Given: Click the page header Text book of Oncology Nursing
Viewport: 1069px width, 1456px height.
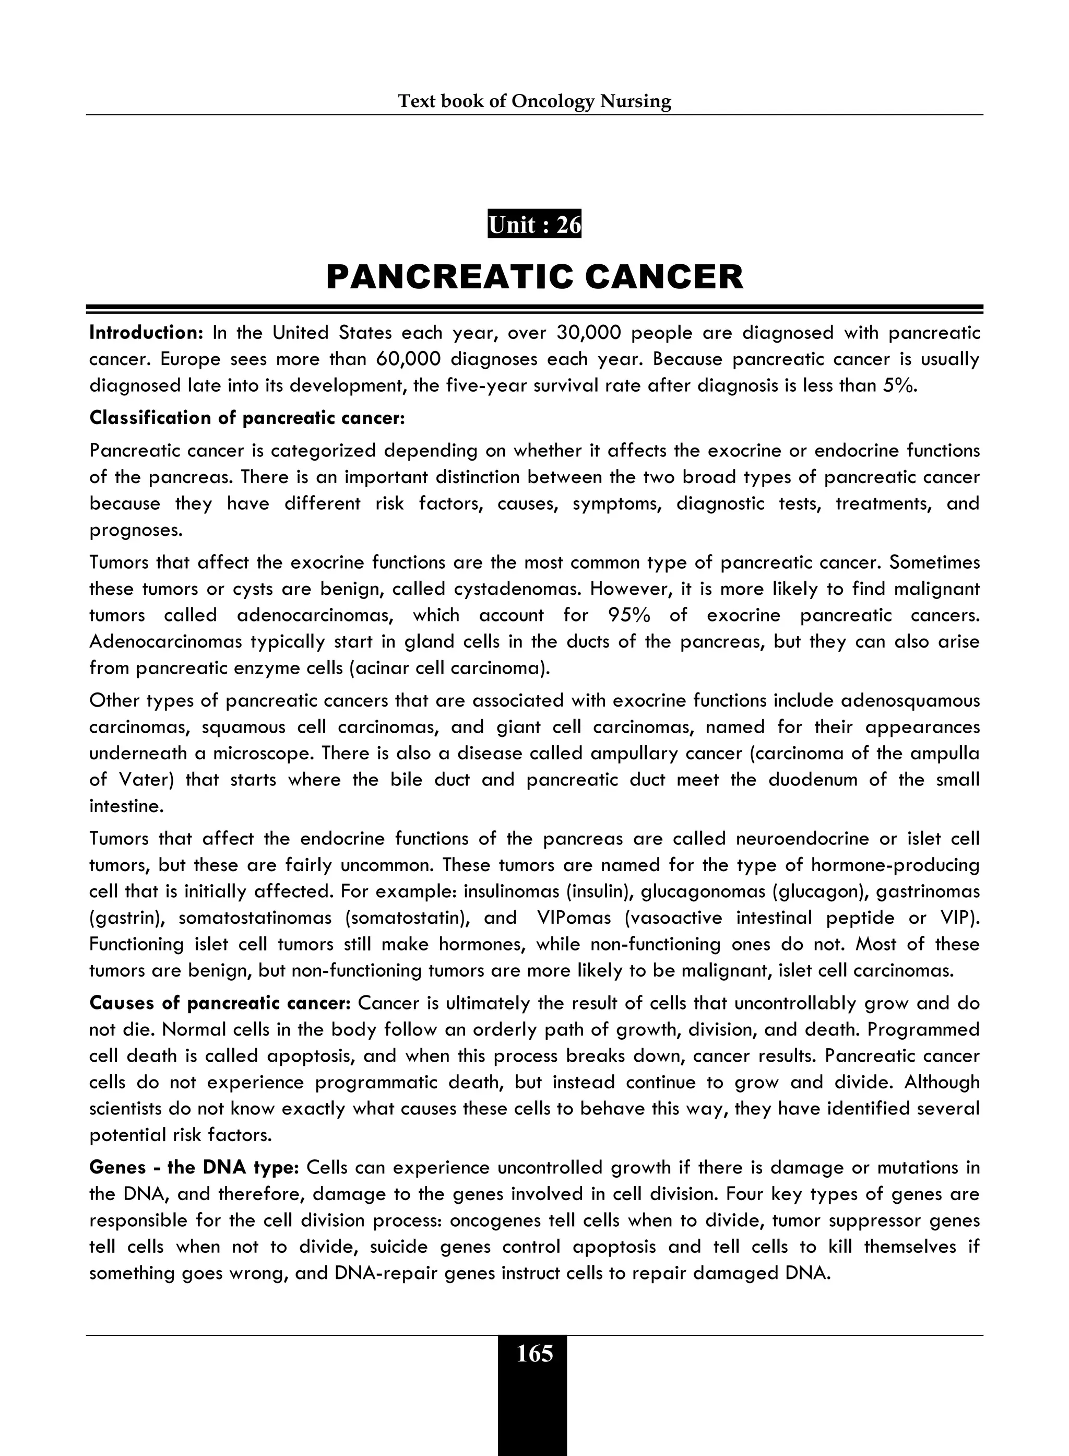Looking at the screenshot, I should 534,102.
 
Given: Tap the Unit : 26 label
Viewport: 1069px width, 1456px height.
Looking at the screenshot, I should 534,225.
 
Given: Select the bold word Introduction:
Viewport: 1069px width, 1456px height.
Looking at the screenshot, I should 146,333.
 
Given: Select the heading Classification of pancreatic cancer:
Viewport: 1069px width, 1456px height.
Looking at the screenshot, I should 246,418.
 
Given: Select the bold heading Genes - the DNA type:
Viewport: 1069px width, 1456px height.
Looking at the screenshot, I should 194,1168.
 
